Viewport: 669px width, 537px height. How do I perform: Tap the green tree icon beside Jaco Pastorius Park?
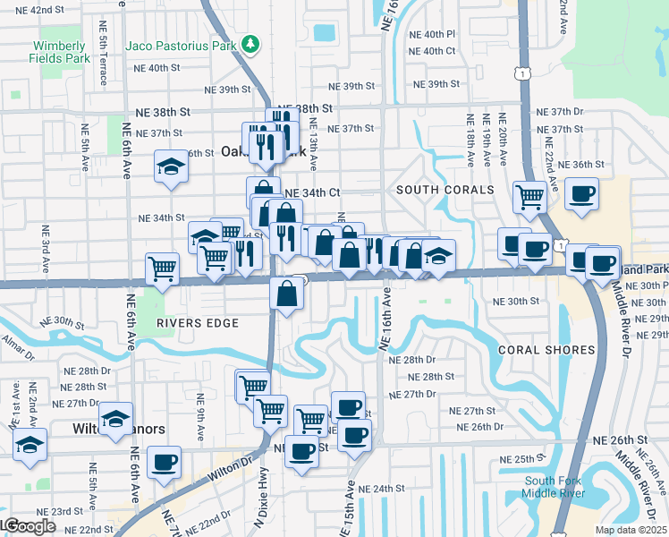click(252, 43)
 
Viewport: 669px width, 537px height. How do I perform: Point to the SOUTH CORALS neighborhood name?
click(445, 191)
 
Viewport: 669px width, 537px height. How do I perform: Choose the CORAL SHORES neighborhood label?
click(546, 350)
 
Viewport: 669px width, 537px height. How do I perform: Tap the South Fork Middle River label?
click(555, 488)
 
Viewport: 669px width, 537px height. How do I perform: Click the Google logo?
click(29, 526)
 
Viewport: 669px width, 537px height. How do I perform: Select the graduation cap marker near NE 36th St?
click(170, 166)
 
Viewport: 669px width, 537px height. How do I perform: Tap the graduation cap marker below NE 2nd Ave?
click(30, 445)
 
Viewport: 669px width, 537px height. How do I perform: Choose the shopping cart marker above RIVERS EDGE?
click(162, 268)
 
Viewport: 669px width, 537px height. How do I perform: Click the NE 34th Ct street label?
click(312, 192)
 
